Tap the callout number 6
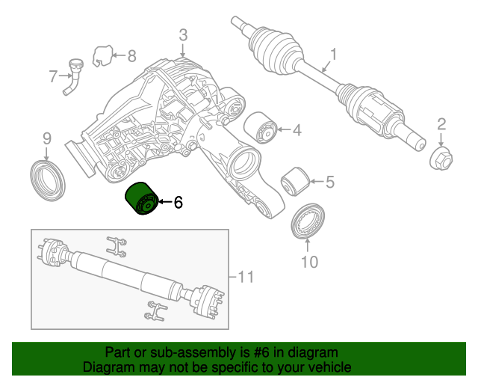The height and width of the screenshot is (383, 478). tap(178, 203)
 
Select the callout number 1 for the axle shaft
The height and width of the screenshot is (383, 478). tap(333, 54)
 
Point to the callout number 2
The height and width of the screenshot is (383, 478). tap(441, 124)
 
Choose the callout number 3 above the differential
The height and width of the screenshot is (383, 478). tap(183, 35)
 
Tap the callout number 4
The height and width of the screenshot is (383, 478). tap(297, 130)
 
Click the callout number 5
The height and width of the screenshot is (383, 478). tap(329, 181)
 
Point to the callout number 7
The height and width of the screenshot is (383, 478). tap(53, 76)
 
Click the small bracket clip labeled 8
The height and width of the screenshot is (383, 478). tap(102, 55)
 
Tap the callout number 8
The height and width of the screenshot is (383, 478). tap(131, 55)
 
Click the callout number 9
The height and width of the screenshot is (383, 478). tap(46, 138)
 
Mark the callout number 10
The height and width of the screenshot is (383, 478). tap(309, 262)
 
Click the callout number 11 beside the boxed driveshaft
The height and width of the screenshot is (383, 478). tap(246, 277)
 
